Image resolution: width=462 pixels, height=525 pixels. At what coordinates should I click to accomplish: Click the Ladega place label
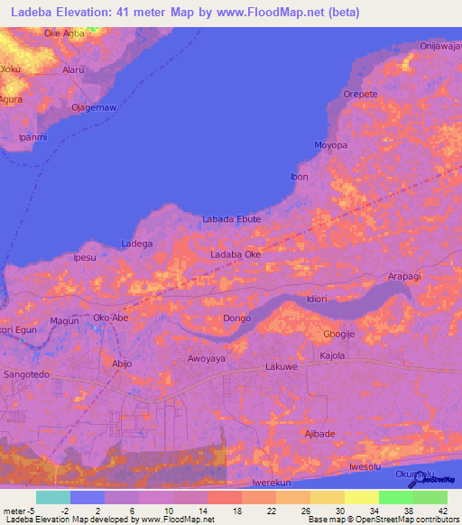[x=136, y=244]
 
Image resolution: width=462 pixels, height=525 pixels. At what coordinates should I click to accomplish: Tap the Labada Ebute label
[x=231, y=219]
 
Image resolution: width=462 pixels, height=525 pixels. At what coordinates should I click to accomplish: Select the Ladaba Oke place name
[x=236, y=255]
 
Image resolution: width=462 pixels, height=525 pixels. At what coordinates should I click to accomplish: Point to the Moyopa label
[x=330, y=144]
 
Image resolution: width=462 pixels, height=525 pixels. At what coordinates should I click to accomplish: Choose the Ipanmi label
[x=33, y=137]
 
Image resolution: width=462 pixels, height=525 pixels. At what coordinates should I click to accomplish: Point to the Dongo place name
[x=236, y=318]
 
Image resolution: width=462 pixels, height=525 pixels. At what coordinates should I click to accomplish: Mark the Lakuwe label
[x=282, y=369]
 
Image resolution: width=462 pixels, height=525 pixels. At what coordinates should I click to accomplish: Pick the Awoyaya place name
[x=207, y=358]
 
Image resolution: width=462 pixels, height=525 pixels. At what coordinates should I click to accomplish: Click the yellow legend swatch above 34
[x=361, y=497]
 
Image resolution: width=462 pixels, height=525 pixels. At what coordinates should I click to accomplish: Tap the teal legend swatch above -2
[x=52, y=497]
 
